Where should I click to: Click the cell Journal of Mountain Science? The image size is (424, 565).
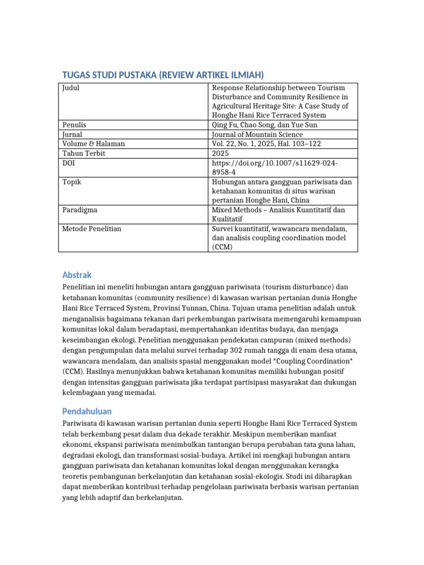(257, 134)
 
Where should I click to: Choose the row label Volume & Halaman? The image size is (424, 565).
(94, 143)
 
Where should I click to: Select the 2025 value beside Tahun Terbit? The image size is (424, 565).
(220, 153)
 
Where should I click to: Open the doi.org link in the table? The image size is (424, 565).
(274, 167)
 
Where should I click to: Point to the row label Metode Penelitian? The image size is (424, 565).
(92, 228)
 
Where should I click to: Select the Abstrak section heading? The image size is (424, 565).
(76, 275)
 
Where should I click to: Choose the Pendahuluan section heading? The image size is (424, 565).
(87, 411)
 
